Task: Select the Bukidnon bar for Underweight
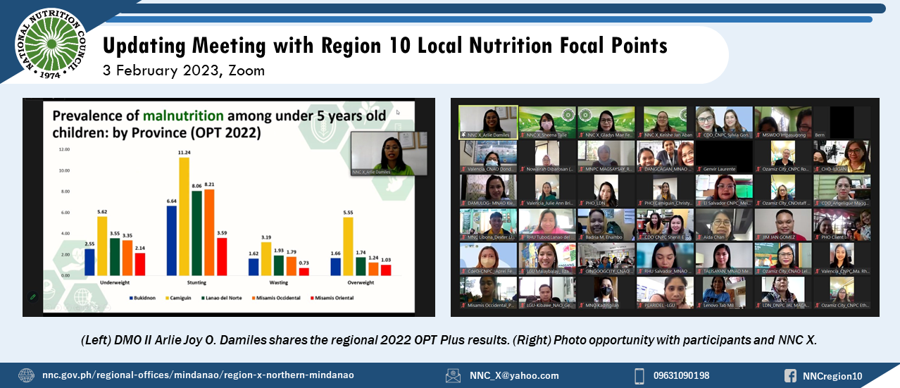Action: click(89, 261)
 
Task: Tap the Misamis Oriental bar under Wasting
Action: click(304, 271)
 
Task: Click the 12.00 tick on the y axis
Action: click(64, 149)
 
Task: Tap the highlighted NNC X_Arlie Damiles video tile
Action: click(488, 122)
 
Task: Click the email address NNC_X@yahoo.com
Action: click(514, 376)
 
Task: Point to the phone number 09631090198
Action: click(681, 376)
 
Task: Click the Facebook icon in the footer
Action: click(791, 376)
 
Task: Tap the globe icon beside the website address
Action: click(26, 375)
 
